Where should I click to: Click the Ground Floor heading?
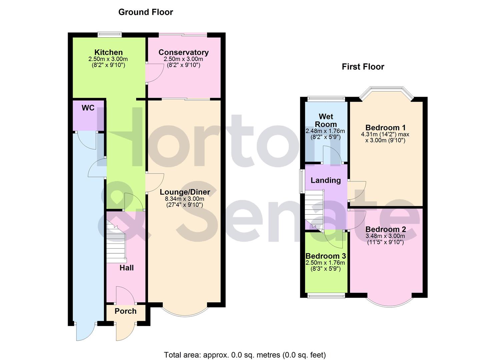pos(146,12)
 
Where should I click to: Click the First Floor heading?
pos(363,67)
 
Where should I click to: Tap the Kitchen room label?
pos(108,52)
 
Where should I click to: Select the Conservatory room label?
pos(183,52)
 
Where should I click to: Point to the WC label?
pos(88,108)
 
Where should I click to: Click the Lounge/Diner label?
pos(185,192)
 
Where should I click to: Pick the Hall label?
pos(127,268)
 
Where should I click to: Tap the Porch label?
pos(125,311)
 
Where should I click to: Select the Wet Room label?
pos(326,120)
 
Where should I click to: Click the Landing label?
pos(326,180)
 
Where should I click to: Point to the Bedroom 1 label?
pos(385,128)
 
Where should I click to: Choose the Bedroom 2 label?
pos(385,229)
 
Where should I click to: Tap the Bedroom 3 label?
pos(325,256)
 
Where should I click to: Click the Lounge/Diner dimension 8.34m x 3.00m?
pos(185,199)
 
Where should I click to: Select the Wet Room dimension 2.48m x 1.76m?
pos(325,131)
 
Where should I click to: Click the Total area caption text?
pos(245,355)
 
